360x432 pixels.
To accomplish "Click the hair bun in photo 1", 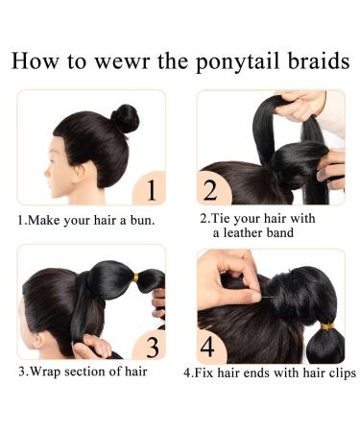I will (124, 118).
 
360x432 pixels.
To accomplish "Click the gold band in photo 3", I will (135, 277).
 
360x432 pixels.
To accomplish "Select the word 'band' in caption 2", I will (285, 233).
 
